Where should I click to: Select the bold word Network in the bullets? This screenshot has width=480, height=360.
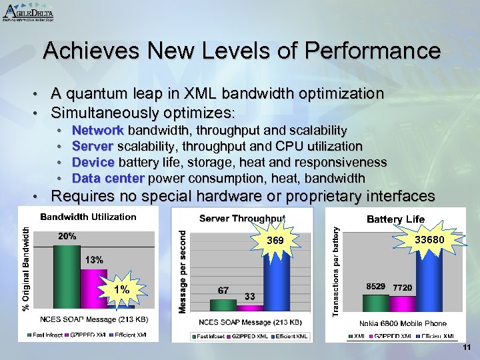[98, 130]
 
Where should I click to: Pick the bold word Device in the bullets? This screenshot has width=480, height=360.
[93, 162]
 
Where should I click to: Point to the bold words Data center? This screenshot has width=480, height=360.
[108, 178]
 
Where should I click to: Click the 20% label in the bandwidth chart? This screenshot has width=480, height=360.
[67, 236]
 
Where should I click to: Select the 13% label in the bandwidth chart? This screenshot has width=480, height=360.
[94, 260]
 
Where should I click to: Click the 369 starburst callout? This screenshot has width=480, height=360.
[275, 240]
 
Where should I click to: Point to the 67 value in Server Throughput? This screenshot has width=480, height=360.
[224, 291]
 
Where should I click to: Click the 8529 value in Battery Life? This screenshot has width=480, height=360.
[376, 287]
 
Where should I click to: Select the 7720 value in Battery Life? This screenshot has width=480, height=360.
[402, 287]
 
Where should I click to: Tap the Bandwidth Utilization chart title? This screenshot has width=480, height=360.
[88, 217]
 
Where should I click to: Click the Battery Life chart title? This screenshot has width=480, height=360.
[395, 219]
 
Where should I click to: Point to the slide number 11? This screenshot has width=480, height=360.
[466, 349]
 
